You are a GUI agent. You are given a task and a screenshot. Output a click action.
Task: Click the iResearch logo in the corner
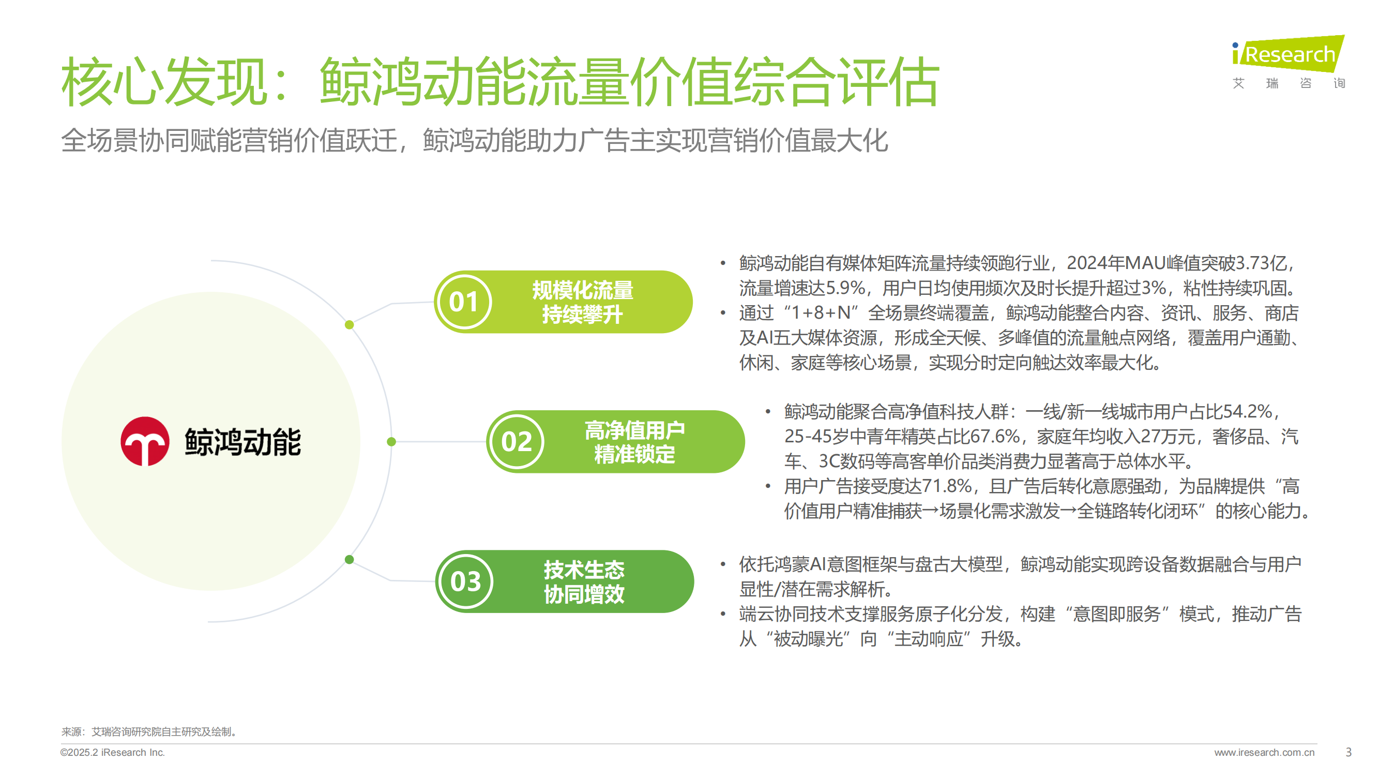pyautogui.click(x=1288, y=62)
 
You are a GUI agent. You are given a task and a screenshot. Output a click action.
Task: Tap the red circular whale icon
pyautogui.click(x=145, y=441)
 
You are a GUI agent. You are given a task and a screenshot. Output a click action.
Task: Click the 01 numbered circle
pyautogui.click(x=464, y=302)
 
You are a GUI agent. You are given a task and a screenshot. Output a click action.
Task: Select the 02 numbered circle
pyautogui.click(x=516, y=442)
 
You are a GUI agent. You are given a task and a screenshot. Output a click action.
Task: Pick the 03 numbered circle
pyautogui.click(x=465, y=581)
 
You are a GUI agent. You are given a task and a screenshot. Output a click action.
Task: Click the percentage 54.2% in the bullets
pyautogui.click(x=1247, y=411)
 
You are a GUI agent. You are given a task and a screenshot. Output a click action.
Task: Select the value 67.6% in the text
pyautogui.click(x=995, y=437)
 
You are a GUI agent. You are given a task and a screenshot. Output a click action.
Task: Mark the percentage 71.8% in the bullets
pyautogui.click(x=946, y=486)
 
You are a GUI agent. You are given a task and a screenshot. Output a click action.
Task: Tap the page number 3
pyautogui.click(x=1348, y=752)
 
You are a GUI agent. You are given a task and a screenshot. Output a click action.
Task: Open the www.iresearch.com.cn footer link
pyautogui.click(x=1264, y=752)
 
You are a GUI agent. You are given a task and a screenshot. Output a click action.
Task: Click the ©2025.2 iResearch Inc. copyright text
pyautogui.click(x=112, y=752)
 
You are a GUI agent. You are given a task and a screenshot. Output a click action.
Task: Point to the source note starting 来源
pyautogui.click(x=149, y=732)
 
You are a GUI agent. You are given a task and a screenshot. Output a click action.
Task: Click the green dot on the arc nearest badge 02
pyautogui.click(x=391, y=442)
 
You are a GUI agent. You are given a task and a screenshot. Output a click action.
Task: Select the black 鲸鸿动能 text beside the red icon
pyautogui.click(x=243, y=442)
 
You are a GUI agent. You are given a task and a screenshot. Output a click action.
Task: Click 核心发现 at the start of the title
pyautogui.click(x=164, y=82)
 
